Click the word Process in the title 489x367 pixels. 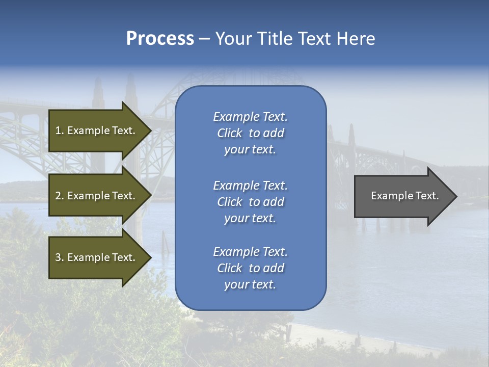pos(160,39)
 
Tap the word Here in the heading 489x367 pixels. pos(355,39)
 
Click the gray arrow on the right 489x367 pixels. pos(402,196)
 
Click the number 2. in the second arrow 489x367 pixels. pos(59,196)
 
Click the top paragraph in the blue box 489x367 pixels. pos(250,133)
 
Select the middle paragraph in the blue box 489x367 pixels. pos(250,202)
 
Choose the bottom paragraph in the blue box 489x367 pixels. pos(250,268)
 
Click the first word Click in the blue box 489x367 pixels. pos(230,133)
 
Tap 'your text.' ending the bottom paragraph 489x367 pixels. pos(250,284)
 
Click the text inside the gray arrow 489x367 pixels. pos(404,196)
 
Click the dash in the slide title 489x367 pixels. pos(204,39)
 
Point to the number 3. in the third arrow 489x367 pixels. pos(59,257)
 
